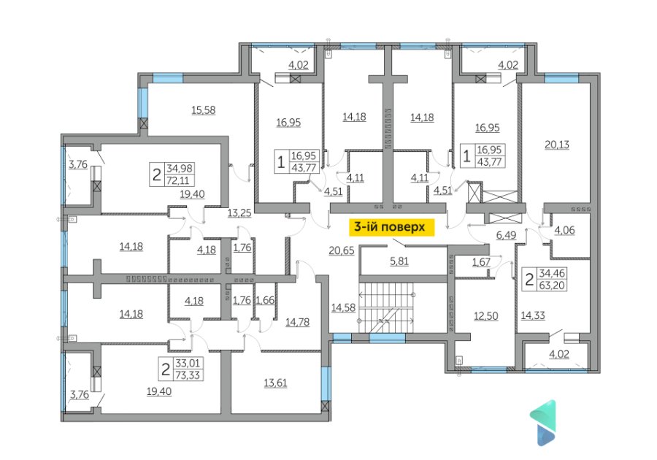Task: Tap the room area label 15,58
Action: [203, 110]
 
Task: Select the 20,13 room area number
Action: [557, 145]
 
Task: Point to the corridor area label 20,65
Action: [342, 250]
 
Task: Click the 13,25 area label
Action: [239, 212]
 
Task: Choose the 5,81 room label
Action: [399, 261]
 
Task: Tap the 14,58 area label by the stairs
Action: [343, 308]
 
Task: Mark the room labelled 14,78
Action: [298, 322]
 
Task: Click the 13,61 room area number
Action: [275, 383]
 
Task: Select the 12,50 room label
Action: [486, 316]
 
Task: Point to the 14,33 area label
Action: [533, 315]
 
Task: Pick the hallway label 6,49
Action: [506, 235]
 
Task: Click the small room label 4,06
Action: [564, 230]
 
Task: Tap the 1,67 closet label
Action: [481, 262]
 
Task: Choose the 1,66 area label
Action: [265, 300]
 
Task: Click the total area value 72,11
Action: [177, 180]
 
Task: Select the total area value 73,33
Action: [188, 375]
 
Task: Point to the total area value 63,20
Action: [553, 285]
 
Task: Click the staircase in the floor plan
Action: [386, 308]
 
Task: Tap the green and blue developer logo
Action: [543, 422]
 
